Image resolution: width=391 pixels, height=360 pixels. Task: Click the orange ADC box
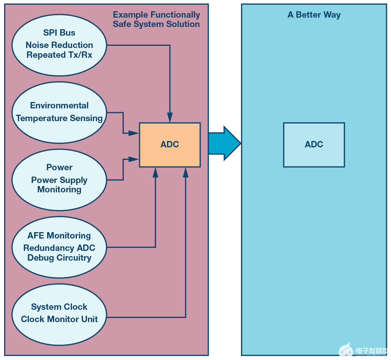[169, 144]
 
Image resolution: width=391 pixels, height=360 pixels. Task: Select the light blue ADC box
[314, 144]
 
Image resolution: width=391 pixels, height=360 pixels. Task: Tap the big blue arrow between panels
[224, 143]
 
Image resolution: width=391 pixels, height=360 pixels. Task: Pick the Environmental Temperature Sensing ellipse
[59, 112]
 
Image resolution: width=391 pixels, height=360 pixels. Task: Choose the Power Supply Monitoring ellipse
[59, 179]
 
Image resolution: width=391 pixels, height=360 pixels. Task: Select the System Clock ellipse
[59, 313]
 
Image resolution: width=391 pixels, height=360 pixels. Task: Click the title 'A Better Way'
[314, 15]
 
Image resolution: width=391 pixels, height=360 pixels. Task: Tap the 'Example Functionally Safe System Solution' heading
[156, 19]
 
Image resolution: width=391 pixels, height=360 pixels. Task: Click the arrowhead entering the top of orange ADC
[170, 118]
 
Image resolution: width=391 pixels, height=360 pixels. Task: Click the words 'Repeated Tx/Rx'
[59, 55]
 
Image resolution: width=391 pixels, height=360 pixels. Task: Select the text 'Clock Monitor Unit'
[59, 319]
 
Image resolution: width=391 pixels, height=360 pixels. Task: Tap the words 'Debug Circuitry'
[59, 258]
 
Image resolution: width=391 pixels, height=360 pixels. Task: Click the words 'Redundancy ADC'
[59, 248]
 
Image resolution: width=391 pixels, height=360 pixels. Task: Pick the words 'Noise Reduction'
[59, 45]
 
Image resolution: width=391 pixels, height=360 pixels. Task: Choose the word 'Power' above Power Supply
[59, 167]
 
